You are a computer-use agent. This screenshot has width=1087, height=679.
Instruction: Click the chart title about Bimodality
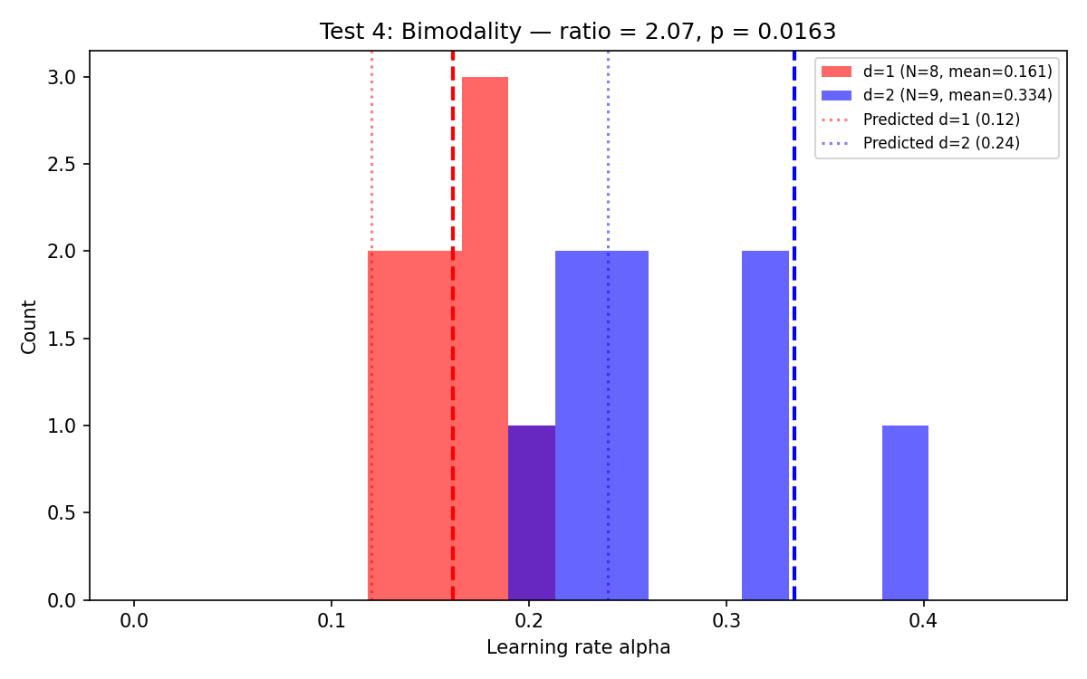tap(577, 32)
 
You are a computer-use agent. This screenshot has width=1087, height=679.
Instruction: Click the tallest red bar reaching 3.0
tap(485, 335)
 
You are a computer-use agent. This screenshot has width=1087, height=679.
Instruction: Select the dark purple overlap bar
tap(532, 512)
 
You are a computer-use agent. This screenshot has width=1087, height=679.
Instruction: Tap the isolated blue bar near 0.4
tap(905, 512)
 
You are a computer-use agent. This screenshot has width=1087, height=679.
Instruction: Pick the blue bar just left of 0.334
tap(765, 426)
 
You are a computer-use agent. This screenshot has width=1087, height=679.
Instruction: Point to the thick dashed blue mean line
tap(794, 362)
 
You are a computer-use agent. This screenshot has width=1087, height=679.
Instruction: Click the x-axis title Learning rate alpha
tap(578, 648)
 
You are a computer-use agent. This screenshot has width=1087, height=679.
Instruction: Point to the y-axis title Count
tap(29, 326)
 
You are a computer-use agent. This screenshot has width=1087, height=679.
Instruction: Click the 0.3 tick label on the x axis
tap(726, 623)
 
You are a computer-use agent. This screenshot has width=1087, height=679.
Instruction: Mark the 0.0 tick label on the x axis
tap(134, 623)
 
